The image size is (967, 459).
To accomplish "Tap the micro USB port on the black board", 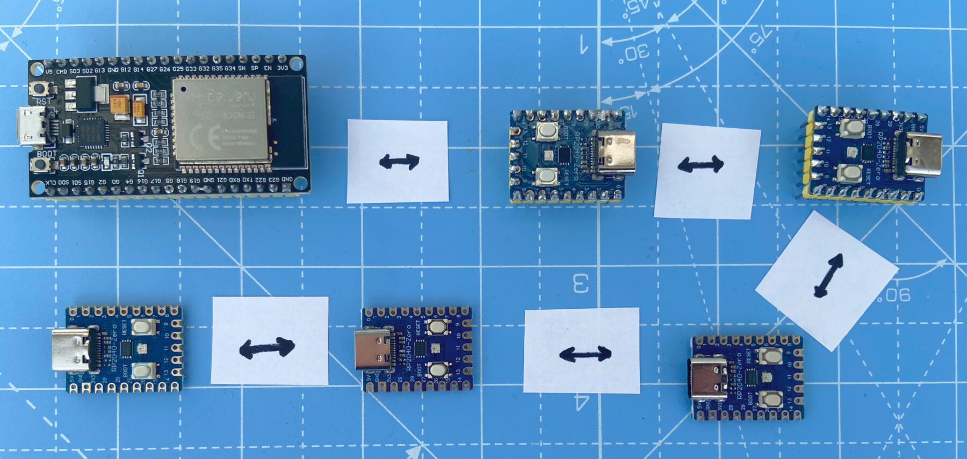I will [x=32, y=126].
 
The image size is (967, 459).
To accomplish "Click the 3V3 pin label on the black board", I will [x=283, y=69].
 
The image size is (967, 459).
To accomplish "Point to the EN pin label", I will [x=268, y=69].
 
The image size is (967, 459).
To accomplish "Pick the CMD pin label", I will [x=62, y=71].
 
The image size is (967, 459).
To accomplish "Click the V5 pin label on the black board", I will [x=49, y=71].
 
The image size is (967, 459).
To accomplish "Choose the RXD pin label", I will [x=235, y=180].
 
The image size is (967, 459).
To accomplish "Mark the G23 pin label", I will [x=274, y=179].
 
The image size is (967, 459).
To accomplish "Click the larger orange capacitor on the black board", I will [x=119, y=104].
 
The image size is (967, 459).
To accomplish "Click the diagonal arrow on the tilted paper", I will [x=827, y=275].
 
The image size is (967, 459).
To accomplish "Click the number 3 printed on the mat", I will [x=581, y=283].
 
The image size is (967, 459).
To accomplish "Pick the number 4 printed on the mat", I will [x=581, y=402].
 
